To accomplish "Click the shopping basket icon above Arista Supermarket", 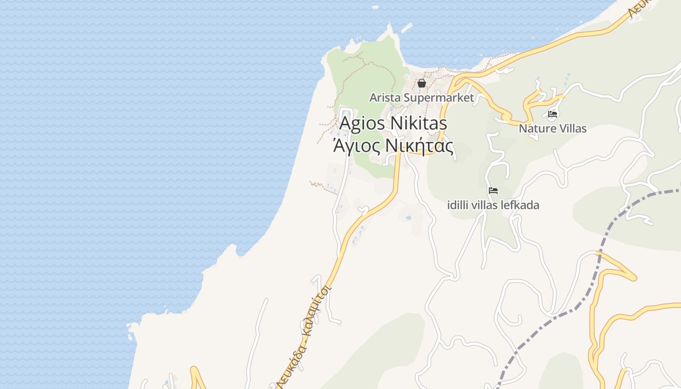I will [422, 83].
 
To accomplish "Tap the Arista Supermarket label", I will [421, 98].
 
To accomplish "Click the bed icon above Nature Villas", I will [553, 115].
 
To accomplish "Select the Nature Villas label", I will [553, 129].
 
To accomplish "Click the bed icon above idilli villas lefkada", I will [493, 191].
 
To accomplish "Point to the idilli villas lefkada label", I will [493, 205].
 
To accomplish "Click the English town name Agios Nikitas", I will [393, 124].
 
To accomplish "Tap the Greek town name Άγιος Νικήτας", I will [393, 146].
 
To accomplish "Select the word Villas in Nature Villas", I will [571, 129].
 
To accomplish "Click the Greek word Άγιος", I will [357, 146].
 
